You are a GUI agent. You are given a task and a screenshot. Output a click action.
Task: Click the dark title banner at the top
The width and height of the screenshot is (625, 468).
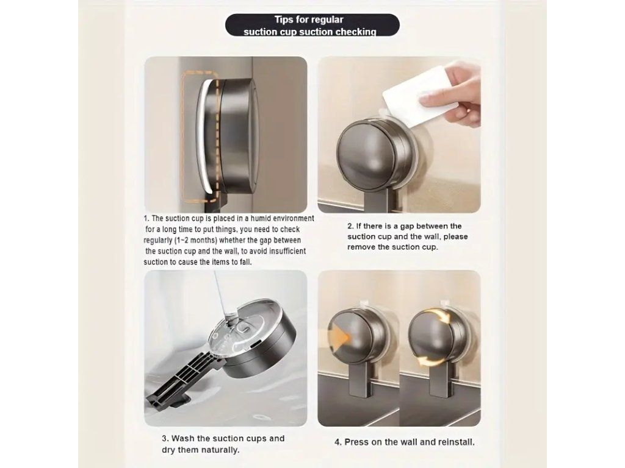pyautogui.click(x=312, y=25)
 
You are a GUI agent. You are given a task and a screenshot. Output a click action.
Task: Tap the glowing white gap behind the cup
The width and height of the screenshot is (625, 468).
pyautogui.click(x=204, y=135)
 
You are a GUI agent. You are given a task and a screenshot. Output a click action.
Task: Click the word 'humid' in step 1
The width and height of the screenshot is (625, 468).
pyautogui.click(x=261, y=219)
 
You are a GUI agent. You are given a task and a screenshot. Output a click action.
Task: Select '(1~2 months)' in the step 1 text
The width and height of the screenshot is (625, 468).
pyautogui.click(x=196, y=240)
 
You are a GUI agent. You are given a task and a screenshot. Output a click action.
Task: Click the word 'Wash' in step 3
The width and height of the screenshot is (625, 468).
pyautogui.click(x=182, y=439)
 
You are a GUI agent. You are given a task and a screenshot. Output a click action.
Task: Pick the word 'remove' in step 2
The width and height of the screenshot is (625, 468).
pyautogui.click(x=361, y=247)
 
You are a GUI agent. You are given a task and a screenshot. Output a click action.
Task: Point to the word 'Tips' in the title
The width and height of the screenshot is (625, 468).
pyautogui.click(x=283, y=19)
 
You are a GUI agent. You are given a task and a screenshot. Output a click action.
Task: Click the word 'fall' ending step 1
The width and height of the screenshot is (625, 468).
pyautogui.click(x=245, y=262)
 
